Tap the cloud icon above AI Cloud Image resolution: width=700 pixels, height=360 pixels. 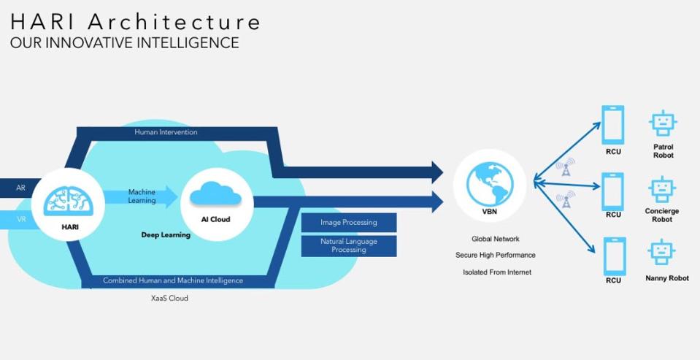(x=216, y=194)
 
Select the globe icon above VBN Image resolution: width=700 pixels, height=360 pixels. (x=489, y=183)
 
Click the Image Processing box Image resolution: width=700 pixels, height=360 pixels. (x=349, y=222)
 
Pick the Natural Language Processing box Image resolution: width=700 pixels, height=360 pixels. (x=349, y=245)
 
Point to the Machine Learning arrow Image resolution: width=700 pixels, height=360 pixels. (x=142, y=196)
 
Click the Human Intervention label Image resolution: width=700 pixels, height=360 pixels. (x=166, y=132)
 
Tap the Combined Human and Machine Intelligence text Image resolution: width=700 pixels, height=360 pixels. (x=173, y=280)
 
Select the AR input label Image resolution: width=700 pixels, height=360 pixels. (x=20, y=188)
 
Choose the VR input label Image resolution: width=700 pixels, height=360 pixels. (x=20, y=218)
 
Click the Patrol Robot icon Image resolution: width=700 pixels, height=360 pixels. (x=662, y=123)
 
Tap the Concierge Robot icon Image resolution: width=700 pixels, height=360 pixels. (x=662, y=189)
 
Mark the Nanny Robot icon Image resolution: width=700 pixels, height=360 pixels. (x=662, y=253)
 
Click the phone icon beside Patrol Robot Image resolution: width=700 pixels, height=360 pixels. (x=613, y=125)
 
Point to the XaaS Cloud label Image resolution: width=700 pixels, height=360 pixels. (x=169, y=298)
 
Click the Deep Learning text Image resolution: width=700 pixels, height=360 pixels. (x=166, y=235)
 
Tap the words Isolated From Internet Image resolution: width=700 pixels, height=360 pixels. (x=497, y=272)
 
